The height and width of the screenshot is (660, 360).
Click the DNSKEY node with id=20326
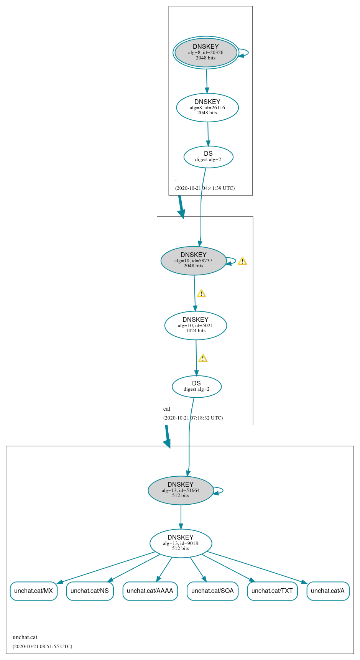point(206,53)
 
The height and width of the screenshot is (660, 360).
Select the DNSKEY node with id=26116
point(207,108)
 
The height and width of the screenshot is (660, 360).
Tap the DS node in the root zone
point(208,157)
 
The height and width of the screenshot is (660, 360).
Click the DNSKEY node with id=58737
point(193,261)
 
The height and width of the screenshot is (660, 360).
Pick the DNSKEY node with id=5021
point(196,326)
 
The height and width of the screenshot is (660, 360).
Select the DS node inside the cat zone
point(196,387)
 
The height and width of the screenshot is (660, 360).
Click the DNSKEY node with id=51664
point(181,490)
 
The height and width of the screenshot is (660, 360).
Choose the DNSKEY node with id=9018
point(181,543)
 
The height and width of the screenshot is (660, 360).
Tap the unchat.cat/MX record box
point(34,591)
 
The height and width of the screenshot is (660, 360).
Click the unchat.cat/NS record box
point(90,591)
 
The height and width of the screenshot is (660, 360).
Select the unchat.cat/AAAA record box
point(150,591)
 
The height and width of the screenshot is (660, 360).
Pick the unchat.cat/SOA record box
point(212,591)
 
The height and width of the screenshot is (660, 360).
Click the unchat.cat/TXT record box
point(272,591)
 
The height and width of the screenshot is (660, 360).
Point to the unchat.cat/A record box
point(328,591)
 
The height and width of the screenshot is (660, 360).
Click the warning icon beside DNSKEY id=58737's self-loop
point(242,261)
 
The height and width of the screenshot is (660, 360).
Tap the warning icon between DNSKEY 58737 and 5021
point(201,294)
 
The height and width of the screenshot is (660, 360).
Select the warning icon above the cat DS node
point(203,358)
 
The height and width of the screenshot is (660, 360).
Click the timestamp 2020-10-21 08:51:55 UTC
point(42,647)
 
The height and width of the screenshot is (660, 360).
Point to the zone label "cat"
point(167,409)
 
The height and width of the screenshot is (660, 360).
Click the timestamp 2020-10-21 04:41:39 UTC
point(205,188)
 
